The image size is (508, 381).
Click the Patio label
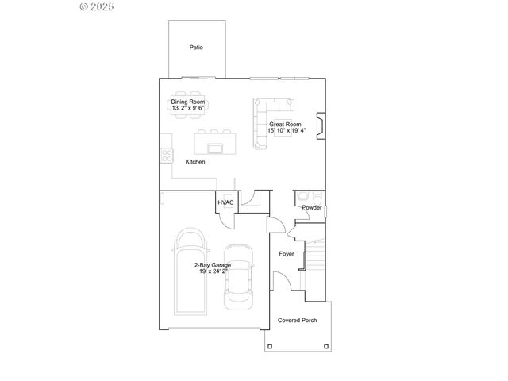(x=196, y=48)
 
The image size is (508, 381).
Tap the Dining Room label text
(x=188, y=102)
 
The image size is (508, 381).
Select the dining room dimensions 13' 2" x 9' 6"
(x=188, y=109)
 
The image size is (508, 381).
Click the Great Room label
(x=284, y=124)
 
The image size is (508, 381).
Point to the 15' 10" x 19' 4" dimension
(x=284, y=131)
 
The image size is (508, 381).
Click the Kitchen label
(x=195, y=162)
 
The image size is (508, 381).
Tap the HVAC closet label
(x=225, y=203)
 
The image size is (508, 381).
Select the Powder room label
(x=311, y=208)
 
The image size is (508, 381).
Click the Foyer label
(x=286, y=254)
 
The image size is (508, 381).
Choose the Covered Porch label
(x=297, y=321)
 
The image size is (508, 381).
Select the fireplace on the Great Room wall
(x=319, y=125)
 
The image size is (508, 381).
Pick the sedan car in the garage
(x=238, y=276)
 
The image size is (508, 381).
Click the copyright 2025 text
(x=98, y=7)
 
